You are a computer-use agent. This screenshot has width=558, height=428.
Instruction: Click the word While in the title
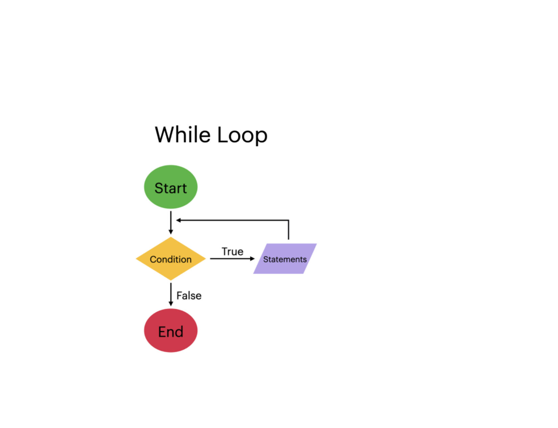tap(183, 135)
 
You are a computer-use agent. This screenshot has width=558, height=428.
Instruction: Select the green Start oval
tap(171, 187)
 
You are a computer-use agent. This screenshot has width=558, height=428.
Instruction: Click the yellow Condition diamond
tap(171, 259)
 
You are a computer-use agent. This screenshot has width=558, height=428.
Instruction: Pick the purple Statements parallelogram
tap(285, 259)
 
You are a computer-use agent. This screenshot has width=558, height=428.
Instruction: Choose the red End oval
tap(171, 331)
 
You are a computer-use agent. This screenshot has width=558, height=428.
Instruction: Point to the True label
tap(232, 252)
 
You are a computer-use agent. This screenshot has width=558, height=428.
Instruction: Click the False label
tap(189, 295)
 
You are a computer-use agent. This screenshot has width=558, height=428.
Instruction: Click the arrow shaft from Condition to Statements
tap(230, 259)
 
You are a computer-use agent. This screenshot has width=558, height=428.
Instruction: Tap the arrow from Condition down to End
tap(171, 293)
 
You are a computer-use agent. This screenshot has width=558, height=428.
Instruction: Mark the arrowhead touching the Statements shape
tap(253, 259)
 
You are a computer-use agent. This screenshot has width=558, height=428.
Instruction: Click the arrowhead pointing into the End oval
tap(171, 304)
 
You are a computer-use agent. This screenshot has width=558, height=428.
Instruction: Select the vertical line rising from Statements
tap(289, 230)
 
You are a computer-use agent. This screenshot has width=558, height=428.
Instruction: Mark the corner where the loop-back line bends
tap(289, 220)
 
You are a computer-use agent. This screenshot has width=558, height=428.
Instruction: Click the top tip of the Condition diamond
tap(171, 238)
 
